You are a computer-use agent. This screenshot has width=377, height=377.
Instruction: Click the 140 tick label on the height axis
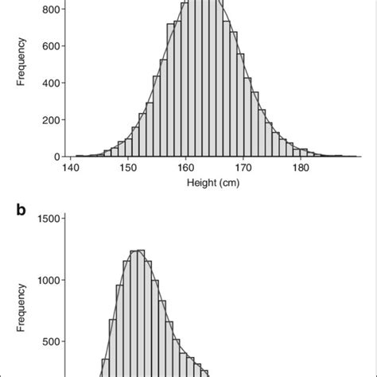72,169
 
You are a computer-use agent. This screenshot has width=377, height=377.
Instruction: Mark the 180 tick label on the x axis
301,169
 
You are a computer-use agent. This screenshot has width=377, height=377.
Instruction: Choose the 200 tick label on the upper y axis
46,120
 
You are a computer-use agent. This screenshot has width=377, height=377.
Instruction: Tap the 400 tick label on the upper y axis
46,83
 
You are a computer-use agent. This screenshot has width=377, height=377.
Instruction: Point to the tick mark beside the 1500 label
60,219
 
